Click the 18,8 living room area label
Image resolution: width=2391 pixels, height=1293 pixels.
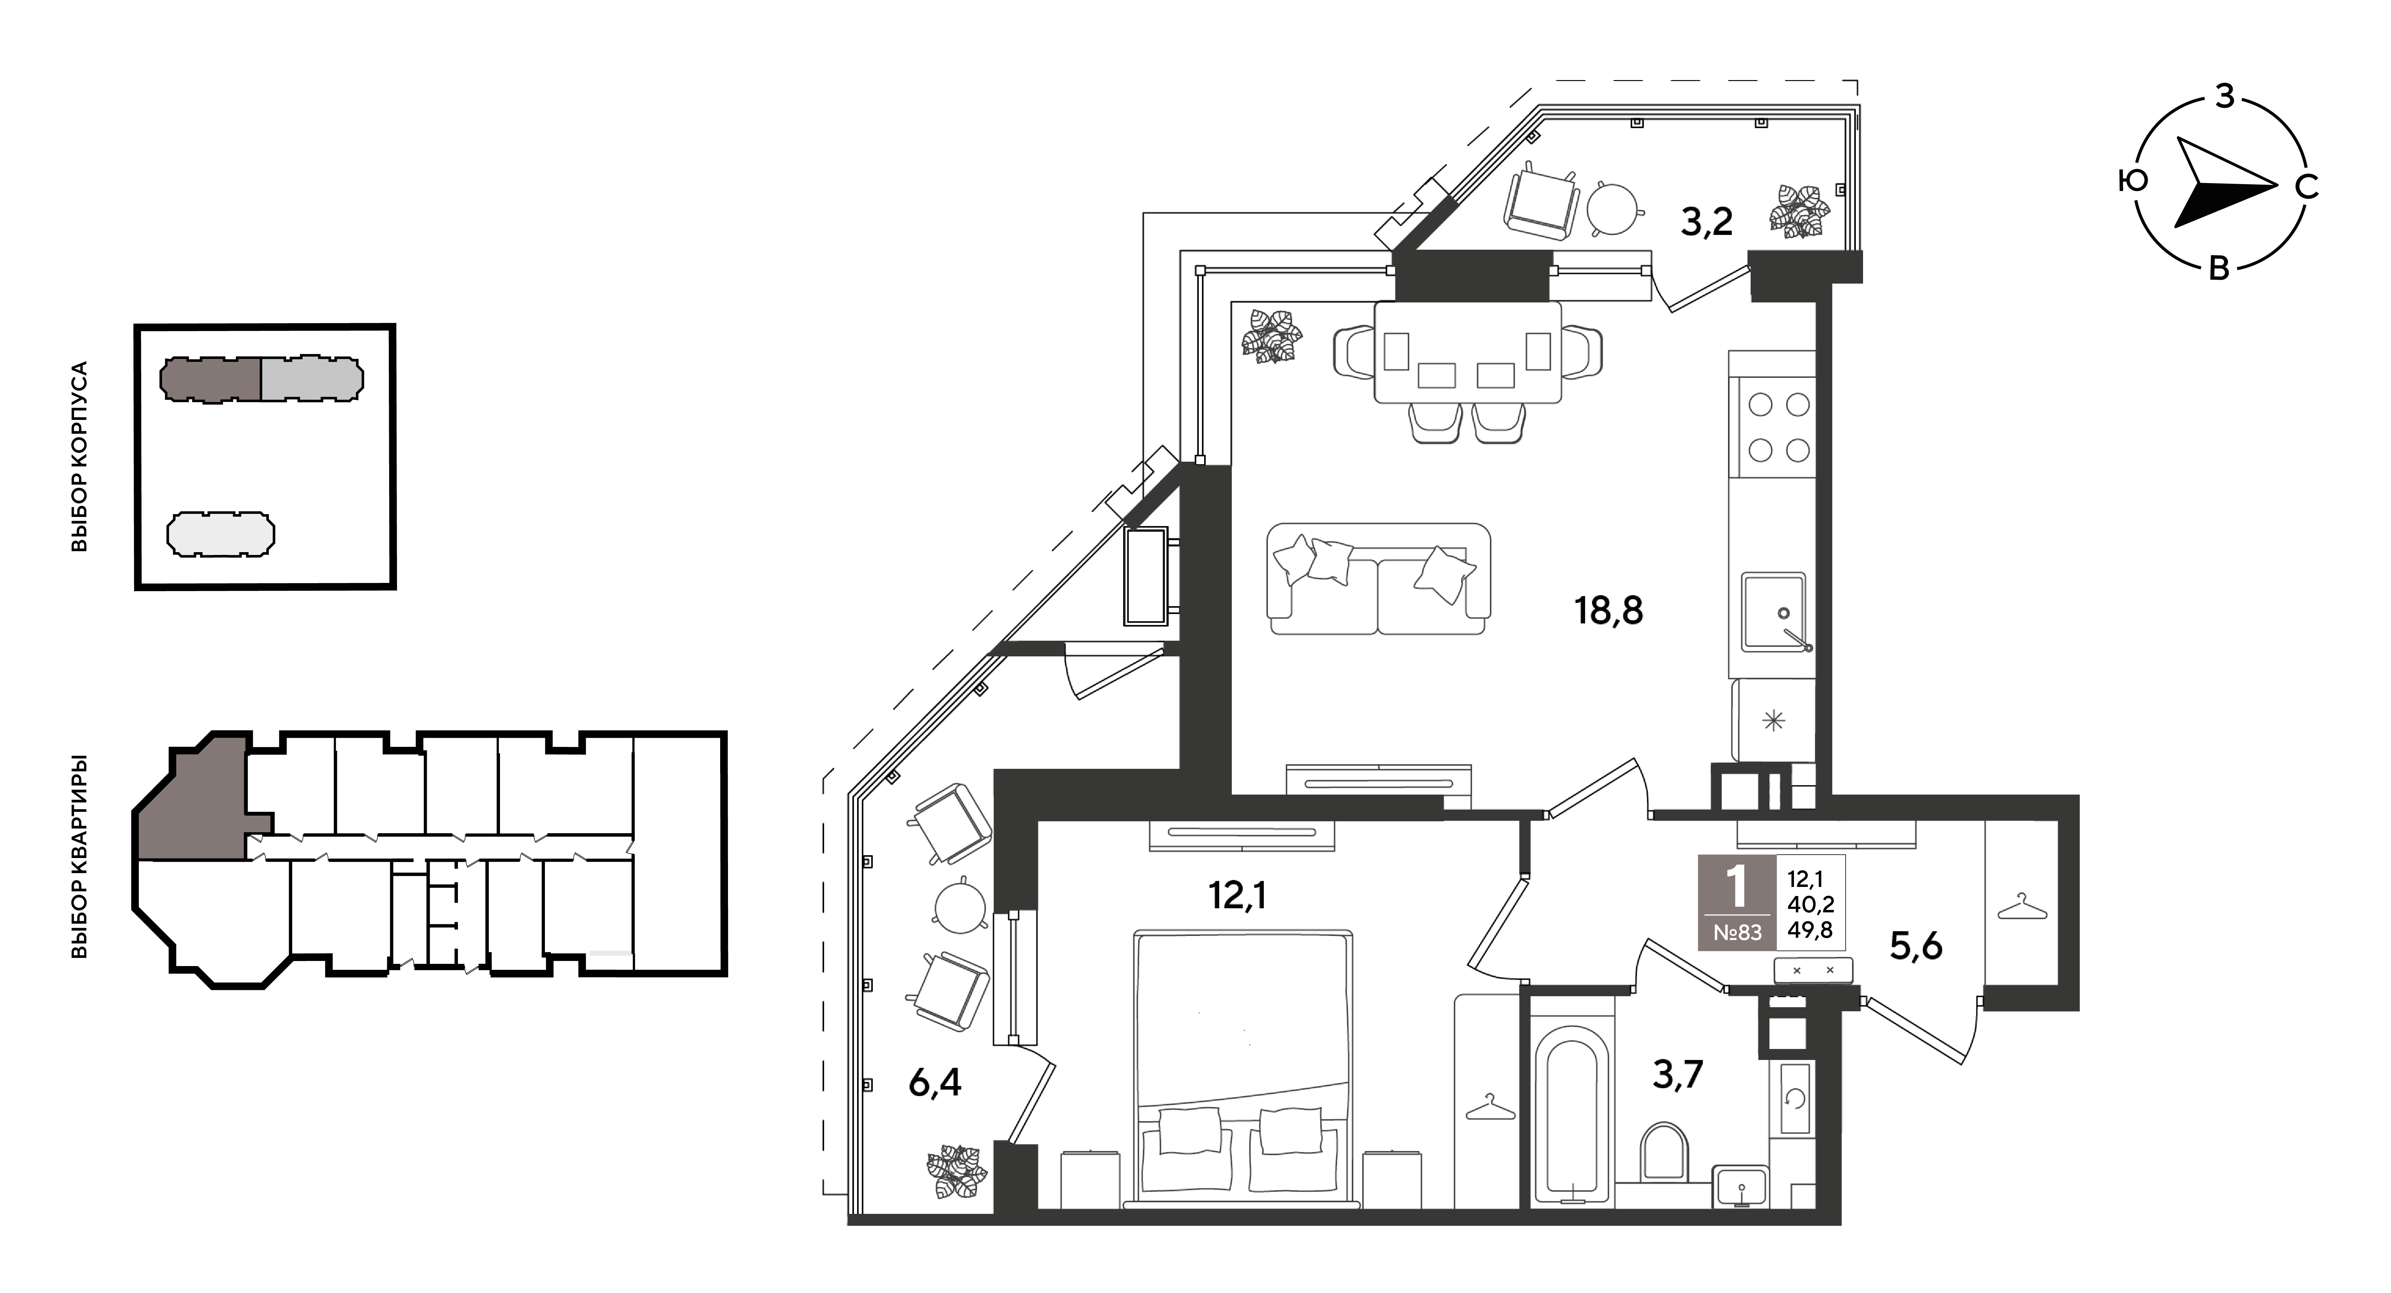[1609, 611]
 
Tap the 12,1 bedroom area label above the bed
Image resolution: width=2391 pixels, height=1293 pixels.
[1237, 896]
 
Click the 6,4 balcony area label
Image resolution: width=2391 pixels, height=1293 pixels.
[935, 1082]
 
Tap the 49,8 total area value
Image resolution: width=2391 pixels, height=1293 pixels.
[1810, 929]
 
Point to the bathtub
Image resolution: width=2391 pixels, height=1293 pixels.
[1571, 1113]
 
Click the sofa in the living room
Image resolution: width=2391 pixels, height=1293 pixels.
[1378, 579]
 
